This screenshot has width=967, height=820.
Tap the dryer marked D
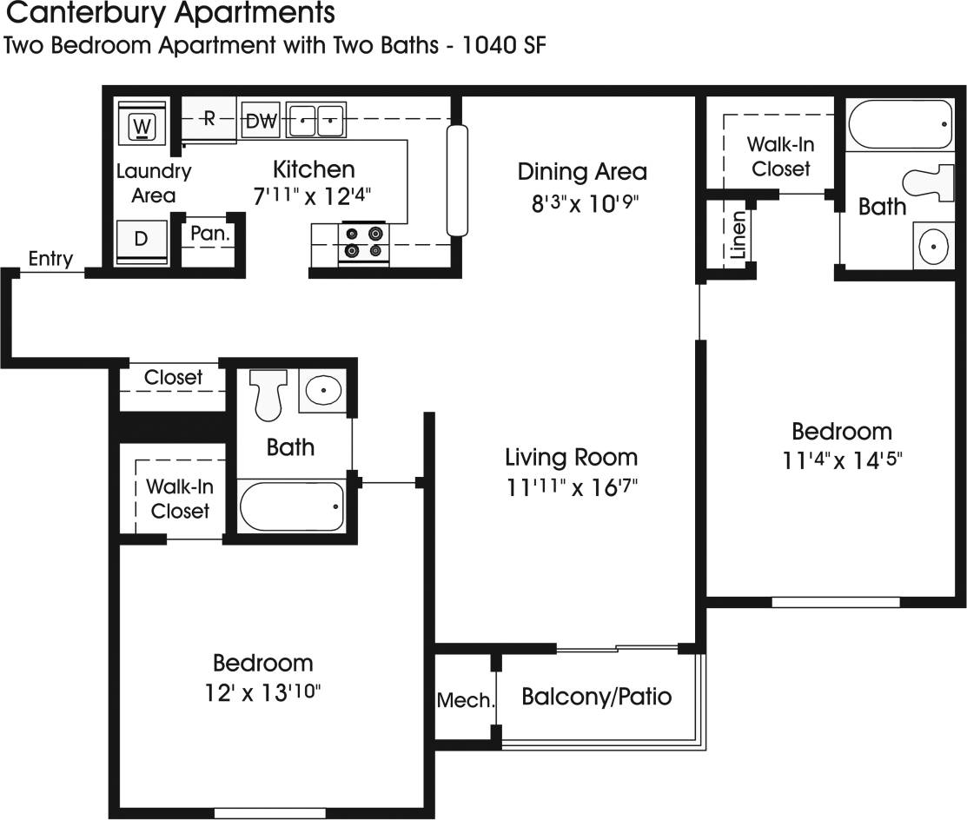pyautogui.click(x=142, y=240)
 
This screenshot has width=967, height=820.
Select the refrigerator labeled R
pyautogui.click(x=209, y=120)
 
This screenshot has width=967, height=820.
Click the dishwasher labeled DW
pyautogui.click(x=260, y=122)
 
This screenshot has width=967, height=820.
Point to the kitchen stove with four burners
pyautogui.click(x=363, y=242)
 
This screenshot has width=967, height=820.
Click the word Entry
pyautogui.click(x=50, y=259)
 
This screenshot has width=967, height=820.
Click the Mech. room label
pyautogui.click(x=465, y=700)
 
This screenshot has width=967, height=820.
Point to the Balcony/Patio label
pyautogui.click(x=596, y=697)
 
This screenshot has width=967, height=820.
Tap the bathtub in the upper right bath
pyautogui.click(x=900, y=125)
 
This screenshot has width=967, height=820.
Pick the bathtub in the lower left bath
pyautogui.click(x=292, y=506)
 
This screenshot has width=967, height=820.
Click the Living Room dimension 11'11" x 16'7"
pyautogui.click(x=572, y=486)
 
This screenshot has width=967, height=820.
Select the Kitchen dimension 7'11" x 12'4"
pyautogui.click(x=315, y=196)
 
